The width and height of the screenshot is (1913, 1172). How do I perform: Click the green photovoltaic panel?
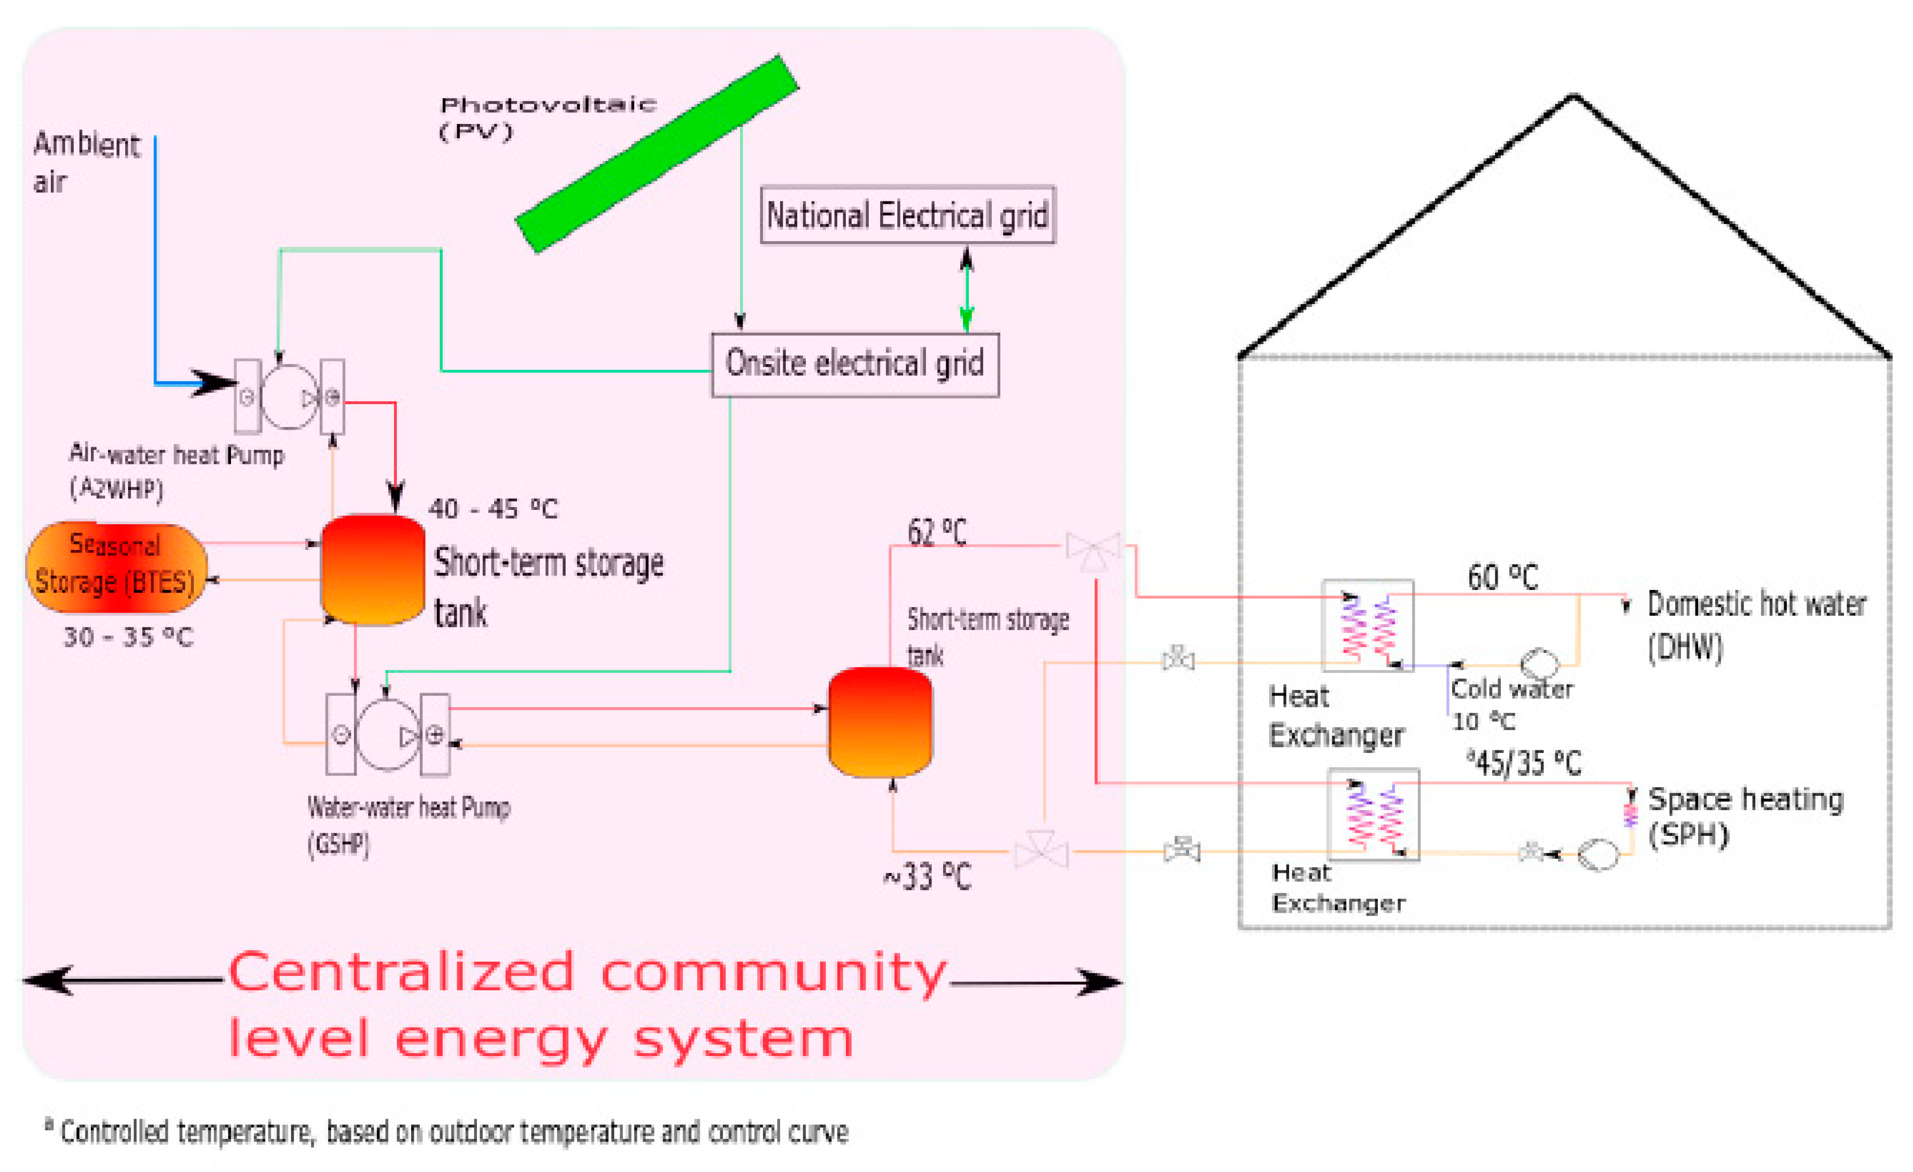coord(657,154)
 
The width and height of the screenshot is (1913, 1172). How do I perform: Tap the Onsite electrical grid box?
coord(855,364)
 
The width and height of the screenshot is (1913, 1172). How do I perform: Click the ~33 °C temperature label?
coord(927,876)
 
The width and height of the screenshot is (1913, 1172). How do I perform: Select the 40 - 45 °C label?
coord(493,509)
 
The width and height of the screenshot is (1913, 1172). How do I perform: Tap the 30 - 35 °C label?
coord(128,637)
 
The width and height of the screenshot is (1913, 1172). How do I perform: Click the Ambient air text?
coord(86,161)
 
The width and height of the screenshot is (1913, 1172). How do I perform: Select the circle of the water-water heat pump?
coord(388,734)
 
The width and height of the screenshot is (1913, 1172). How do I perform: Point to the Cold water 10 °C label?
coord(1510,704)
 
